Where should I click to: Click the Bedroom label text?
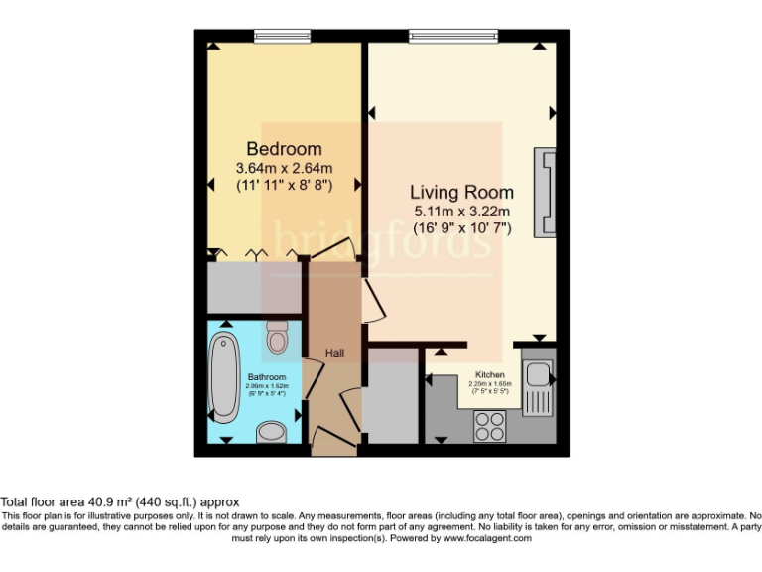[284, 149]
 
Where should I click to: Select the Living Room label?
[461, 192]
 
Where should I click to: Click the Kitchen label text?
[489, 375]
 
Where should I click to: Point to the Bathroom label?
[267, 377]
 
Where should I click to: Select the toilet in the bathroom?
[277, 341]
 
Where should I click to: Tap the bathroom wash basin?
[270, 432]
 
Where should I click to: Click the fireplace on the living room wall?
[546, 193]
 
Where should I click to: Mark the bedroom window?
[283, 37]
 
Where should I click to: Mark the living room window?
[455, 37]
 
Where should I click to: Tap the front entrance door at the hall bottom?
[332, 437]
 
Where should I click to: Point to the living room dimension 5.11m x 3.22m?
[461, 211]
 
